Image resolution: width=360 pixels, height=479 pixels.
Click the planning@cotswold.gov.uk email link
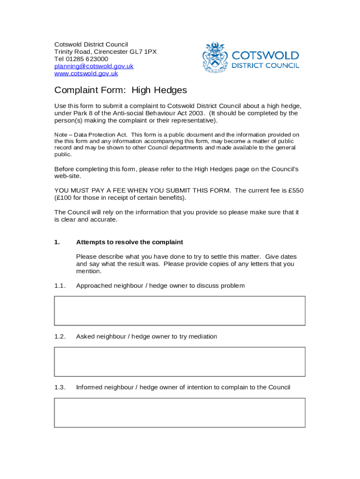point(94,66)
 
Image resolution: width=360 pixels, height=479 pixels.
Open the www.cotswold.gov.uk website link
point(86,73)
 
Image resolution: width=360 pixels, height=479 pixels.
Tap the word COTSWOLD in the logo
point(266,56)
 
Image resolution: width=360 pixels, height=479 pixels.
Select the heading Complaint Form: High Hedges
point(121,90)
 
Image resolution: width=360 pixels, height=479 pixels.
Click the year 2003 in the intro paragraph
point(195,113)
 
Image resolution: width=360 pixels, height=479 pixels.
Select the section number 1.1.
point(60,286)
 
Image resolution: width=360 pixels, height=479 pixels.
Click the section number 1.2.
point(60,336)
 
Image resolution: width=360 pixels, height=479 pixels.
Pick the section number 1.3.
point(60,387)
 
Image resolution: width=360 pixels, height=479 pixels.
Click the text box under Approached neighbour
point(180,311)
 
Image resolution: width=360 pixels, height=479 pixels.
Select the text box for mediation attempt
point(180,362)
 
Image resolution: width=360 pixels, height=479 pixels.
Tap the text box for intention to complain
point(180,413)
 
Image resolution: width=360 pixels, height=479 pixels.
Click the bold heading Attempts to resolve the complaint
point(130,242)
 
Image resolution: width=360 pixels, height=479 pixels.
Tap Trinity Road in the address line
point(72,52)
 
